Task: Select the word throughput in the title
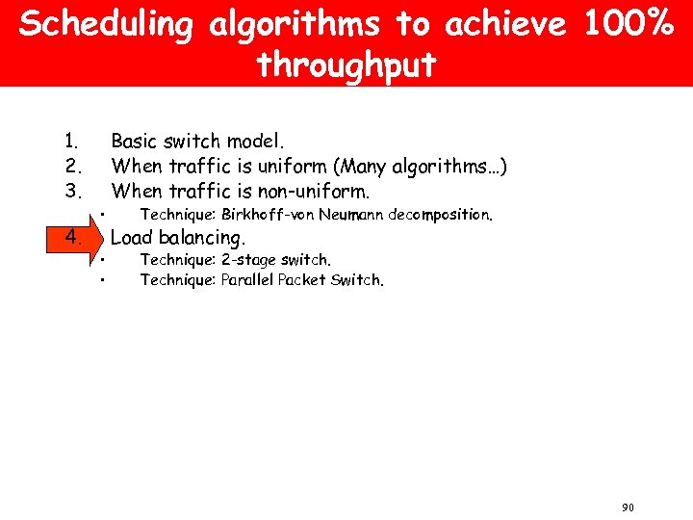(x=346, y=65)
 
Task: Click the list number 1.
(x=70, y=142)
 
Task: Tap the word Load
(x=133, y=237)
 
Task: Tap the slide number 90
(x=628, y=507)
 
